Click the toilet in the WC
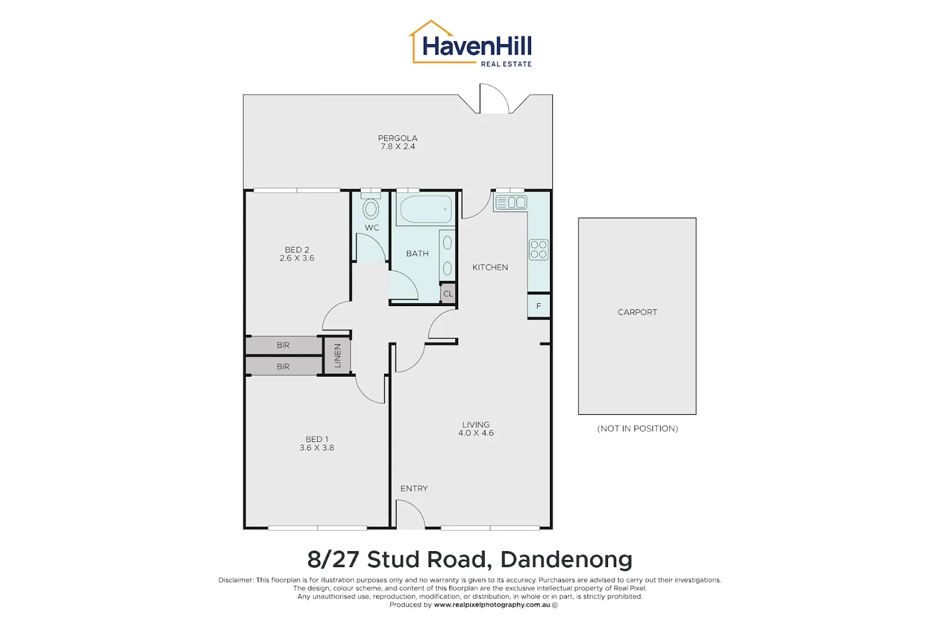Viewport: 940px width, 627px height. coord(371,208)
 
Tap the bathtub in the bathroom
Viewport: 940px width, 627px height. coord(426,210)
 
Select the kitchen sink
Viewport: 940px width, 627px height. coord(511,203)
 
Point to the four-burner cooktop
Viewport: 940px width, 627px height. coord(538,249)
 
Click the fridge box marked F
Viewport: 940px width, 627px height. coord(538,306)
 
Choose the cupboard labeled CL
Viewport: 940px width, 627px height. coord(448,294)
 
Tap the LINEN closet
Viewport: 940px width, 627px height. coord(337,356)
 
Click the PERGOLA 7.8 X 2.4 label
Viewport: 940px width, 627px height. coord(398,143)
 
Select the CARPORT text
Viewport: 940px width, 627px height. coord(637,312)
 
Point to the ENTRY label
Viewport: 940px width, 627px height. coord(414,488)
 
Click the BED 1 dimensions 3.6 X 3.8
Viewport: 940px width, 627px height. coord(317,448)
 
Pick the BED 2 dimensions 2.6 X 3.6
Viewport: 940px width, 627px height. coord(297,258)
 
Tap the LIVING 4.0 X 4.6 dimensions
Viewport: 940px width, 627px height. coord(476,433)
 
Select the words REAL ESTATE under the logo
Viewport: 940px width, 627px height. coord(506,64)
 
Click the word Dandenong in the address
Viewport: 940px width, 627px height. coord(566,559)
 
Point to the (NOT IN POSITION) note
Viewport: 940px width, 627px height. coord(637,428)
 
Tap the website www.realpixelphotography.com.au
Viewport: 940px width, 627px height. coord(492,605)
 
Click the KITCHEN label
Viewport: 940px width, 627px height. coord(490,267)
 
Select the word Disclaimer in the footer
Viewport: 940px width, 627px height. coord(236,580)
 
